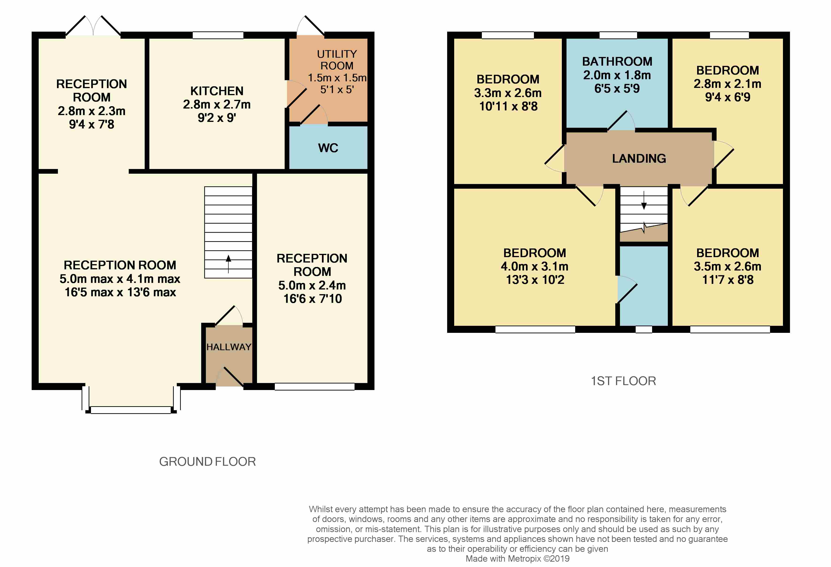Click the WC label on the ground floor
coord(328,148)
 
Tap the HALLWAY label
coord(229,347)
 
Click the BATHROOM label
coord(617,61)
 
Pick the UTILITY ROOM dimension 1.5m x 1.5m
coord(337,78)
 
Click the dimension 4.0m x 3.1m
coord(535,266)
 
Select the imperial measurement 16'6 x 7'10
coord(313,299)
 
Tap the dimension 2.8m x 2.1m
coord(727,84)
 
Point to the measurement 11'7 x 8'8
coord(728,280)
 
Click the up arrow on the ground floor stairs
coord(228,264)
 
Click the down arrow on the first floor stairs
coord(644,200)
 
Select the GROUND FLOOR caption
coord(207,462)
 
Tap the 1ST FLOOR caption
coord(623,381)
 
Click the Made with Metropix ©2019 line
coord(517,558)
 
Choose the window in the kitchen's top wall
coord(218,35)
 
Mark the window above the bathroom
coord(618,35)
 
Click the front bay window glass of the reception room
coord(131,410)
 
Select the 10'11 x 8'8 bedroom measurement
coord(508,106)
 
